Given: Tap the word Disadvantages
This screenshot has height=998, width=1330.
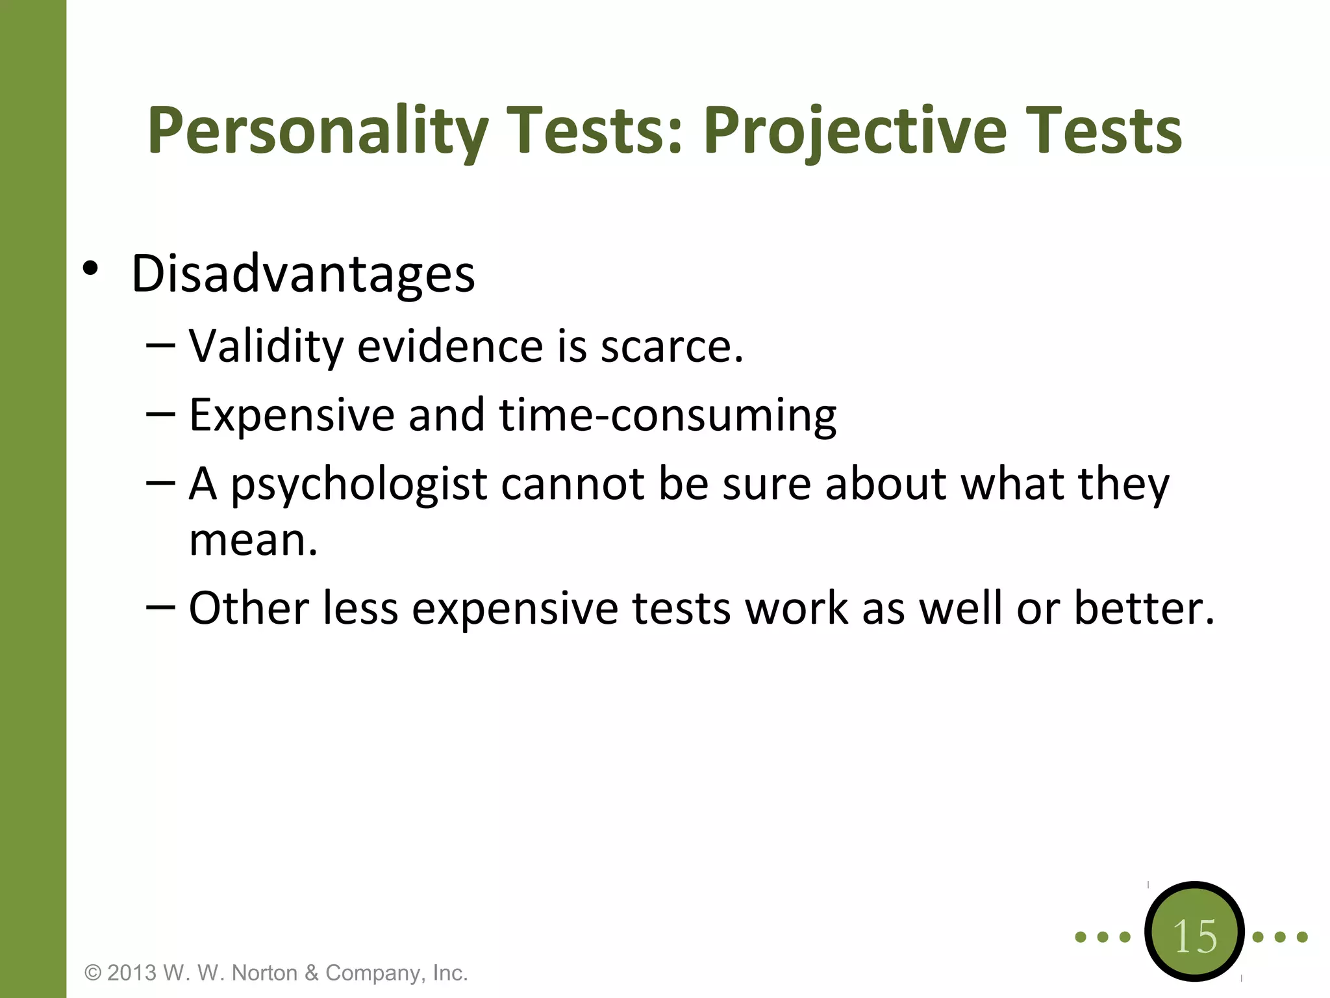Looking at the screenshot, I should (x=303, y=274).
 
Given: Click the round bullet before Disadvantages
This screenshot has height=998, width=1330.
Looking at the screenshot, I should (x=90, y=269).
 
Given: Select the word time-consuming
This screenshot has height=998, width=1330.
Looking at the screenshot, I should (x=668, y=416).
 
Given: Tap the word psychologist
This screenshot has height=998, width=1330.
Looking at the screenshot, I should (x=358, y=485).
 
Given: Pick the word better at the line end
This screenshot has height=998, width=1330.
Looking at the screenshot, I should (x=1143, y=608).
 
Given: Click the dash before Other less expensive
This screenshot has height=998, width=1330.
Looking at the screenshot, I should (x=160, y=606).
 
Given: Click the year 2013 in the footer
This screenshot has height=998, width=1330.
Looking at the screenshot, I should (x=132, y=973).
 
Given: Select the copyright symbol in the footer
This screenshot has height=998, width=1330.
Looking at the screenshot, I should (x=94, y=973).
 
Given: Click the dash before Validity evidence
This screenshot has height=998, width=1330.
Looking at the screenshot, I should (x=160, y=345).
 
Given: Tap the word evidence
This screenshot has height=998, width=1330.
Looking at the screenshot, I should (x=449, y=346).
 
